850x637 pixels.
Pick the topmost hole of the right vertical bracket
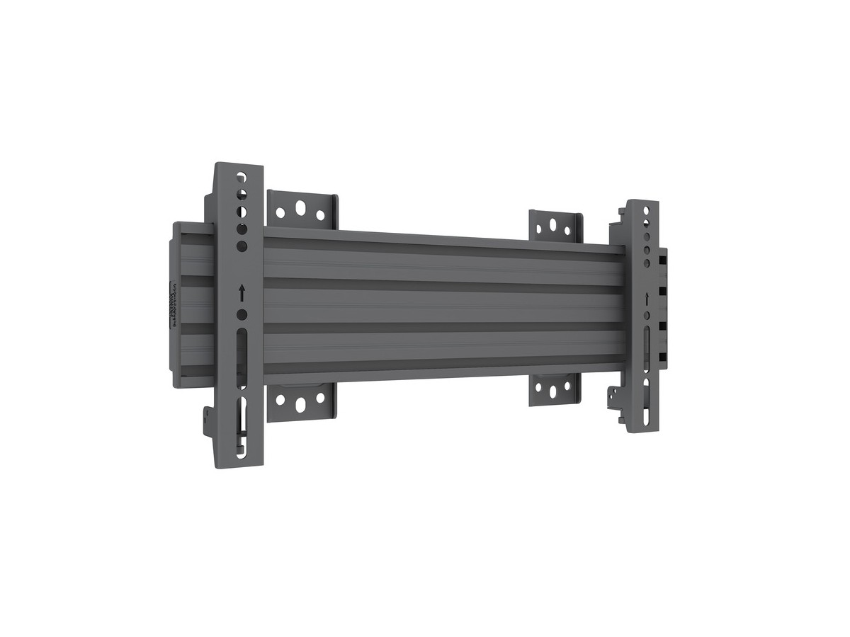coord(646,210)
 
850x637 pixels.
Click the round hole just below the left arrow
coord(242,314)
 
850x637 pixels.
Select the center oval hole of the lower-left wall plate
coord(300,404)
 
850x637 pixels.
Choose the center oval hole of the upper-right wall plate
coord(555,226)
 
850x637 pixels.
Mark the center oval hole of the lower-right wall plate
coord(554,389)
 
